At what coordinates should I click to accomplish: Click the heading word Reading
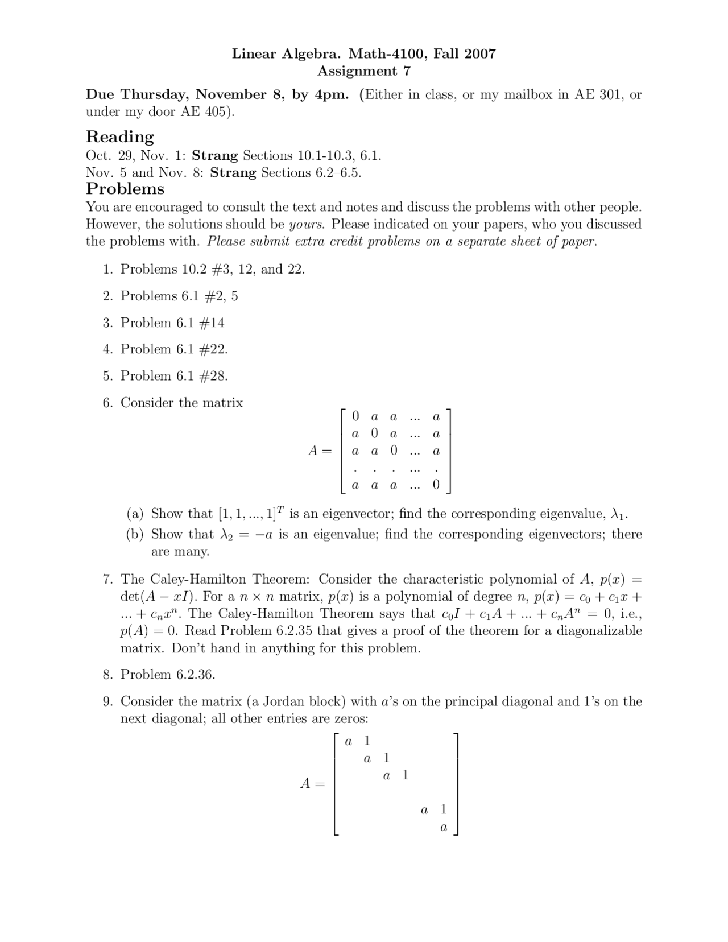coord(119,137)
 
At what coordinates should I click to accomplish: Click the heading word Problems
coord(125,189)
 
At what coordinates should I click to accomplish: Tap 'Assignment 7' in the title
coord(363,71)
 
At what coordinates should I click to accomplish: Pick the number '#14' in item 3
coord(212,323)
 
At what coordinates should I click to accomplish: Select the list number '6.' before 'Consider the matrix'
coord(108,403)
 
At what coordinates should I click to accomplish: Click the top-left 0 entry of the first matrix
coord(355,416)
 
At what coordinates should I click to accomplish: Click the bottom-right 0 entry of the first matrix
coord(436,485)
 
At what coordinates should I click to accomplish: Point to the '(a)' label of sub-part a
coord(135,514)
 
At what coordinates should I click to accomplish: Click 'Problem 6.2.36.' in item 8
coord(168,675)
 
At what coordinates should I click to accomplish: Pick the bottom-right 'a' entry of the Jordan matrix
coord(444,828)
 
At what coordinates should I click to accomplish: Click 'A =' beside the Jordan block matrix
coord(312,784)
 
